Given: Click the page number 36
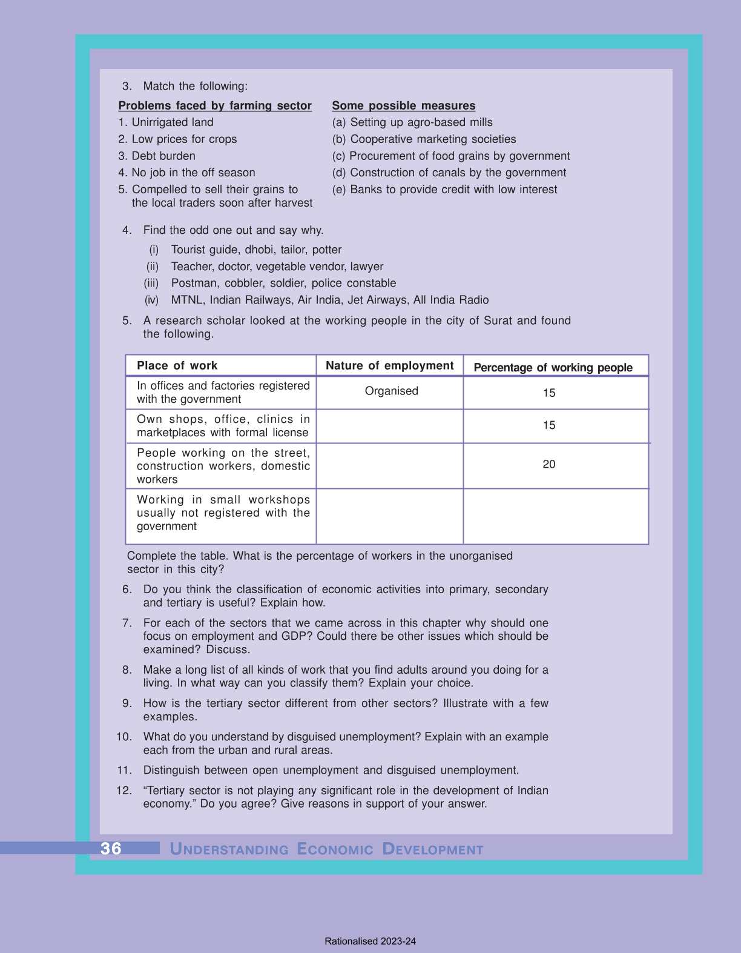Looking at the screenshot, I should pyautogui.click(x=111, y=848).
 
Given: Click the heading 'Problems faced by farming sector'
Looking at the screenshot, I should pyautogui.click(x=215, y=105).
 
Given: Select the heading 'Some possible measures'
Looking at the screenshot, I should pyautogui.click(x=404, y=105).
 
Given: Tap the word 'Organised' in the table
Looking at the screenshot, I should pyautogui.click(x=391, y=391).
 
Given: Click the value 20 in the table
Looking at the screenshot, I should pyautogui.click(x=548, y=464).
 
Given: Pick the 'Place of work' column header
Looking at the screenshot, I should pyautogui.click(x=177, y=365).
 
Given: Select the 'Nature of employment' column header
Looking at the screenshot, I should pyautogui.click(x=389, y=365).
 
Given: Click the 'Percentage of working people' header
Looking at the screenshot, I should pyautogui.click(x=553, y=367).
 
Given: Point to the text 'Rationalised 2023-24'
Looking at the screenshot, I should pyautogui.click(x=370, y=941).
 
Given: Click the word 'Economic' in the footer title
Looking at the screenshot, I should pyautogui.click(x=335, y=849).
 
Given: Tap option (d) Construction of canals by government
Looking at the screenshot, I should pyautogui.click(x=449, y=173).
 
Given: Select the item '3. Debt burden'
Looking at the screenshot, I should pyautogui.click(x=157, y=156).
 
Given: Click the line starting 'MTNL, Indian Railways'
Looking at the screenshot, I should pyautogui.click(x=329, y=300).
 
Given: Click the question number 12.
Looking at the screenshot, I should pyautogui.click(x=124, y=791).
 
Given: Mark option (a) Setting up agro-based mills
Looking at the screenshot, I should pyautogui.click(x=412, y=122).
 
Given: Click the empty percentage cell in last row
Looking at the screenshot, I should pyautogui.click(x=555, y=516).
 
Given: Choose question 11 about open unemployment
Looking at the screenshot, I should pyautogui.click(x=331, y=770).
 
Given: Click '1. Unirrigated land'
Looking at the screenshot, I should pyautogui.click(x=166, y=122).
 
